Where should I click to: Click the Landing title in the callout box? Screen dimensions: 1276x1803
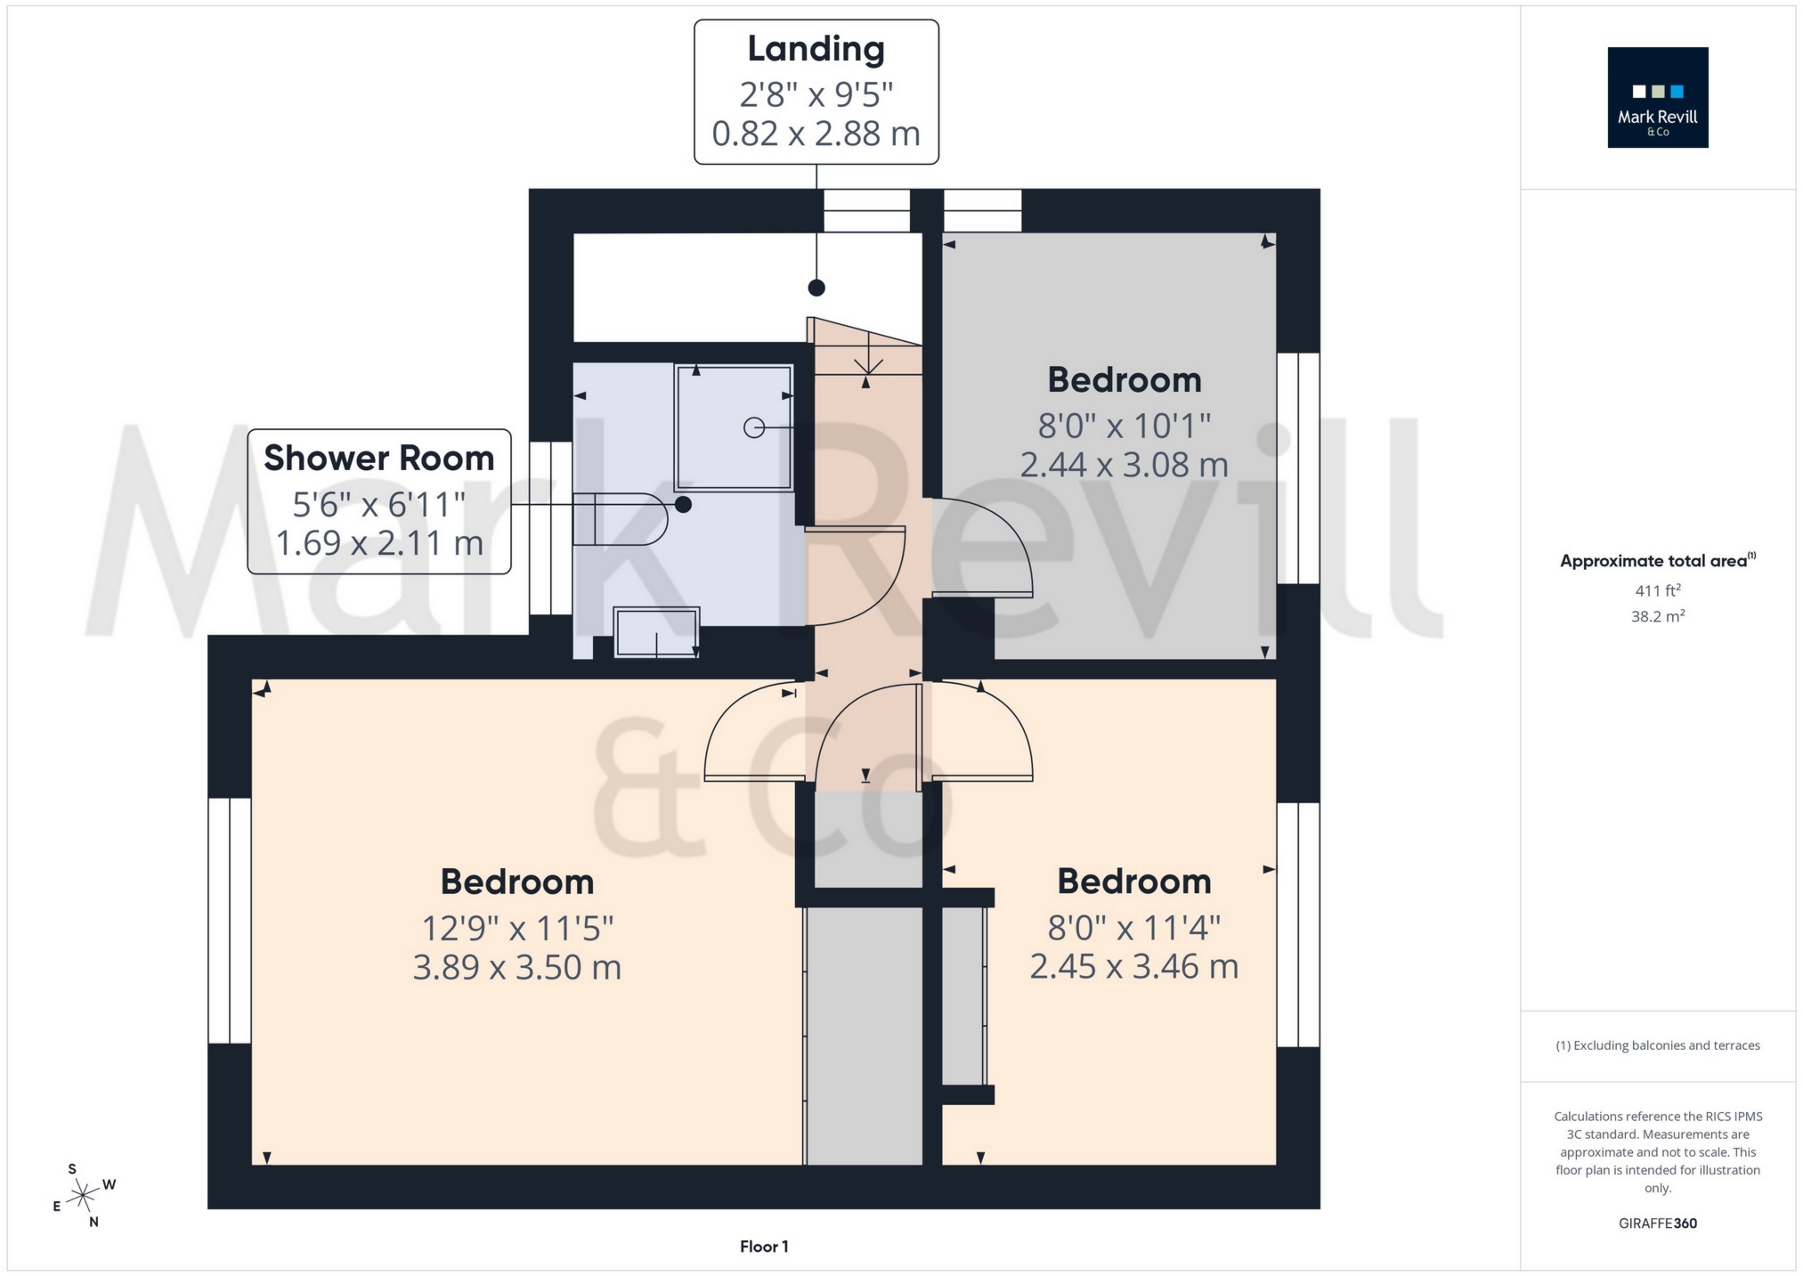click(816, 49)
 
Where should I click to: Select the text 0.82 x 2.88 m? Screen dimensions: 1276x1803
click(816, 134)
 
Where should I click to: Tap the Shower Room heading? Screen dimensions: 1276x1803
click(378, 458)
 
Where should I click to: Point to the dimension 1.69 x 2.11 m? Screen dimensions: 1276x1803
click(378, 542)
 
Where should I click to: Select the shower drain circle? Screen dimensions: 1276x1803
click(753, 428)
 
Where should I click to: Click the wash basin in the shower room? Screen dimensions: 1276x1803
click(656, 632)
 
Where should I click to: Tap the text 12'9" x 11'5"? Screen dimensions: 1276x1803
click(516, 929)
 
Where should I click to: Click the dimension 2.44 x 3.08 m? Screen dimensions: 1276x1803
click(1124, 465)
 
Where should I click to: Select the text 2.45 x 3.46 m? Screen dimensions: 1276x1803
click(1133, 966)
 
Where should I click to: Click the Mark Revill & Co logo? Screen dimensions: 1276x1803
click(1657, 97)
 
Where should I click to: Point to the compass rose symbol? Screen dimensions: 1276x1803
click(83, 1193)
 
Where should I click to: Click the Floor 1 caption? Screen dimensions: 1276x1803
click(764, 1247)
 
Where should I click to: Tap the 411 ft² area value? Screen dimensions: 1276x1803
click(1657, 589)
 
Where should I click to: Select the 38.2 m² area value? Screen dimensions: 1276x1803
click(1657, 616)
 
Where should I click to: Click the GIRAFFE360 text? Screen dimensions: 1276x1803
click(1657, 1223)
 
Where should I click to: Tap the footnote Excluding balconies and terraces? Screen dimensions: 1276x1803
click(1657, 1045)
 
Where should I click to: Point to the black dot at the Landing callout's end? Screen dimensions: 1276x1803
click(816, 288)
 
